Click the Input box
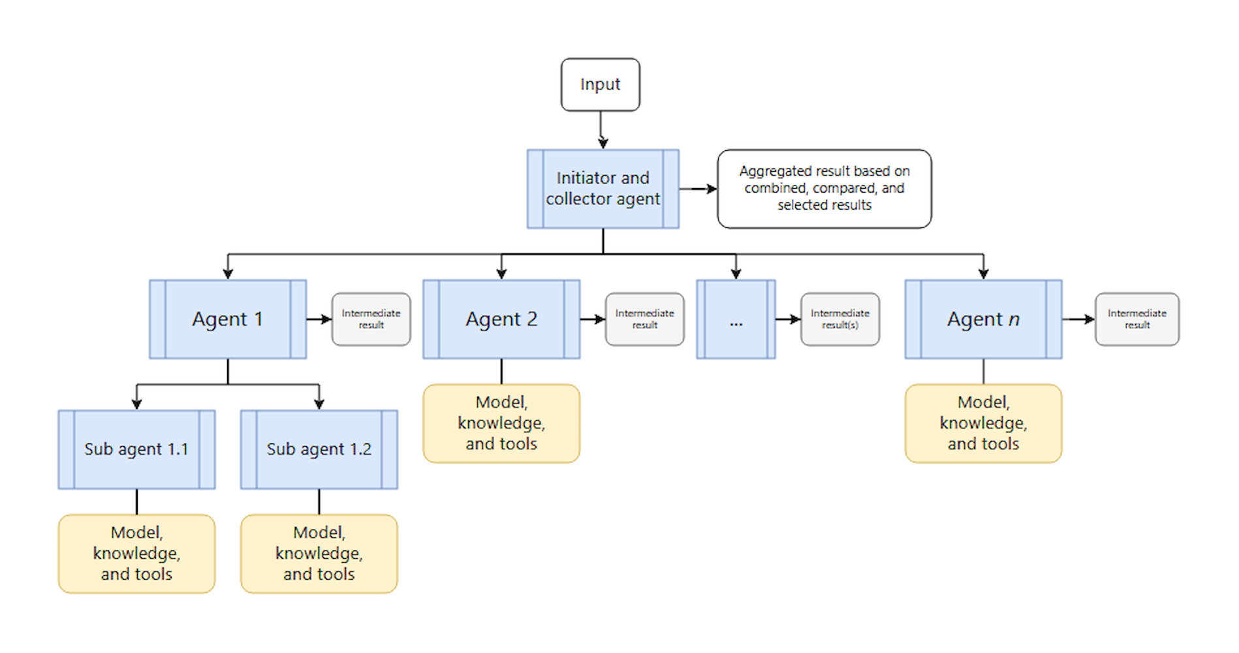click(x=600, y=85)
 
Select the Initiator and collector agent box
click(x=603, y=189)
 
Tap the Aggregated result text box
click(x=824, y=189)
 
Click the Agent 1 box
click(x=227, y=319)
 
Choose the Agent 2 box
click(x=501, y=319)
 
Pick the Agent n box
click(x=982, y=319)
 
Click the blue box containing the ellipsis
click(x=736, y=319)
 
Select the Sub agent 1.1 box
click(x=136, y=449)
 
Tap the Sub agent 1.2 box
click(x=319, y=449)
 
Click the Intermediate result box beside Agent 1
click(x=371, y=319)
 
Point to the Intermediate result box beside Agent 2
click(x=644, y=319)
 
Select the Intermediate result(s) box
click(x=839, y=319)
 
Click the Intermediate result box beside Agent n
click(x=1137, y=319)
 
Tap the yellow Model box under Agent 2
click(x=501, y=423)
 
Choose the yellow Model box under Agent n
click(x=982, y=423)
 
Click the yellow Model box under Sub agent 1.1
click(x=136, y=554)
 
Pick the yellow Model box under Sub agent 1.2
click(x=319, y=554)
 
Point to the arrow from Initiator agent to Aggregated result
click(x=698, y=189)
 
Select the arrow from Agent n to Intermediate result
click(x=1078, y=319)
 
